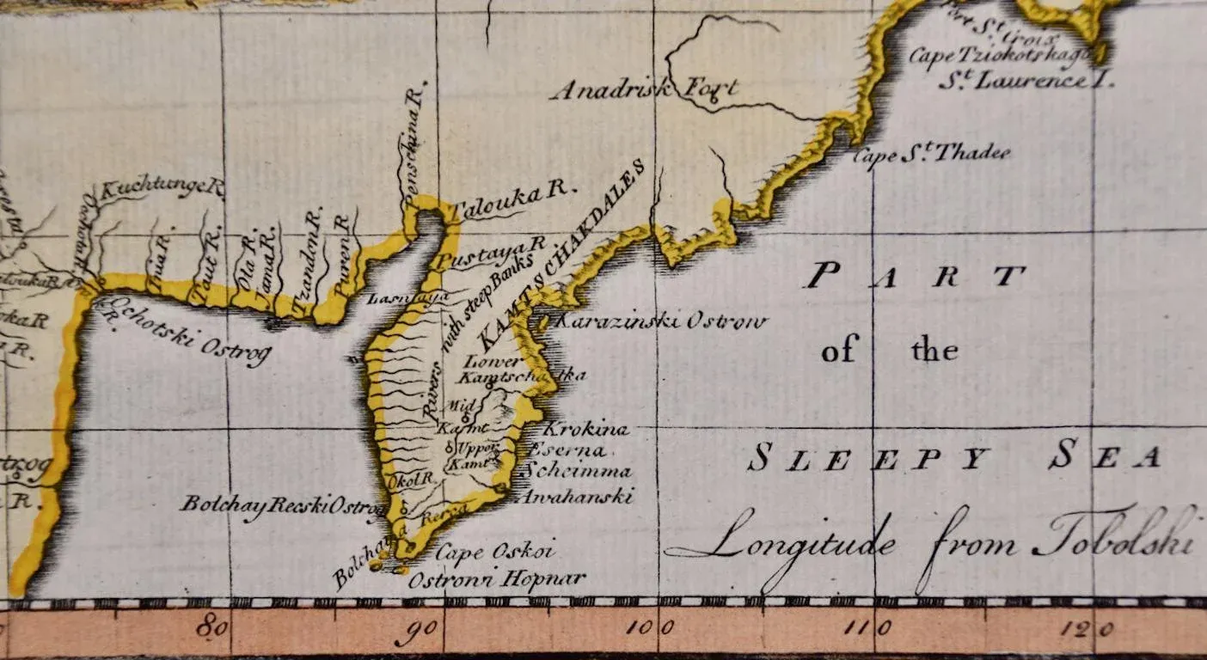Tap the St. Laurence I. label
click(x=1025, y=82)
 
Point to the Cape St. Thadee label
click(x=931, y=155)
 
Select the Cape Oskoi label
click(x=493, y=551)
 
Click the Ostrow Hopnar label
click(x=496, y=580)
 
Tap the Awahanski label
click(x=577, y=497)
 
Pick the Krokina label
click(x=587, y=429)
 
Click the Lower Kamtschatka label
click(x=522, y=370)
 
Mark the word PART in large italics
click(x=915, y=277)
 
